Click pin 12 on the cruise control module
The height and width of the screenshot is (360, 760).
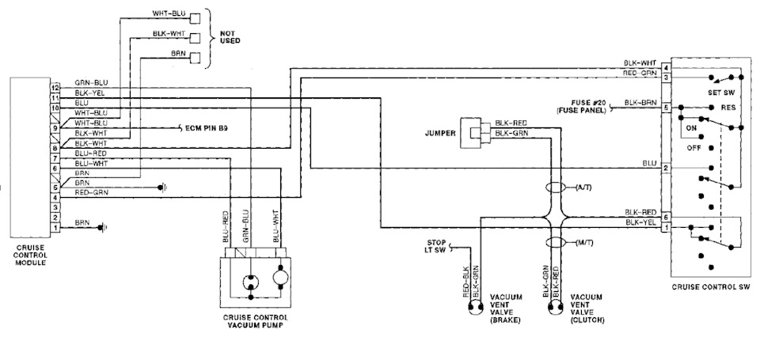[55, 87]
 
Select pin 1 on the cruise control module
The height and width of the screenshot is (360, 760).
[55, 227]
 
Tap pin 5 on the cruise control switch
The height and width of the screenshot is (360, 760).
[667, 108]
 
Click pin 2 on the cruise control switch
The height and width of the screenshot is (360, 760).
[667, 168]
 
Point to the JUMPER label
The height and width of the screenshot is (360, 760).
[439, 133]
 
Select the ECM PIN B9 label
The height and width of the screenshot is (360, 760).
[207, 129]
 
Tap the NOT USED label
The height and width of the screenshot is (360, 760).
[230, 37]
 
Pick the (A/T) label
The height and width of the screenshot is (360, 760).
[583, 188]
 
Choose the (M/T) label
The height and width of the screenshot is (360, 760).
[584, 242]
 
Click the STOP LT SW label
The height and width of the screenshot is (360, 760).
[436, 245]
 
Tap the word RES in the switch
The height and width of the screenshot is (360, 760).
[728, 108]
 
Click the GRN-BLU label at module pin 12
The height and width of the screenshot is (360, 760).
[91, 83]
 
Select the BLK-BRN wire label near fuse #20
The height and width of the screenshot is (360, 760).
[640, 102]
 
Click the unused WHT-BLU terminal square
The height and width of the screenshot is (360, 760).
[195, 18]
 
